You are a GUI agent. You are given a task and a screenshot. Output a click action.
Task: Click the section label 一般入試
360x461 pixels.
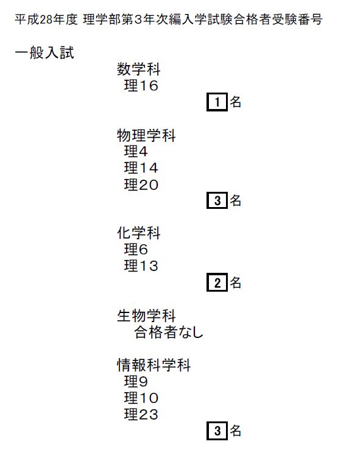tap(44, 53)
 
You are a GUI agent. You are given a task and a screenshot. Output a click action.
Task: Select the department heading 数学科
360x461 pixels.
tap(138, 69)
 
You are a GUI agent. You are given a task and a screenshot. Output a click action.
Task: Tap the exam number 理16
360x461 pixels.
tap(141, 85)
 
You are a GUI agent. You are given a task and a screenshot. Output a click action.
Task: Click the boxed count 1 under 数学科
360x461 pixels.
tap(217, 102)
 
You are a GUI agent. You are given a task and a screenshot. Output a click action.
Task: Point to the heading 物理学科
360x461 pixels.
tap(146, 136)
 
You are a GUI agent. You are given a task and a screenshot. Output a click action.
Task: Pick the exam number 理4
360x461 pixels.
tap(136, 152)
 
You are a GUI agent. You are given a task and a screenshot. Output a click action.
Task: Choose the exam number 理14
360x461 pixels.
tap(141, 168)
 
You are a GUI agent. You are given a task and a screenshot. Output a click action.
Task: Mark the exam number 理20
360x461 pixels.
tap(141, 185)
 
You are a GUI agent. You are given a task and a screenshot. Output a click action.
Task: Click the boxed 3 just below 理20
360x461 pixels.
tap(217, 200)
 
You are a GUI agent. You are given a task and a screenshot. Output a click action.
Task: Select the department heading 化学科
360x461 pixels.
tap(138, 233)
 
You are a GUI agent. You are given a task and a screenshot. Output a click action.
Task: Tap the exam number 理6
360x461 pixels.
tap(136, 249)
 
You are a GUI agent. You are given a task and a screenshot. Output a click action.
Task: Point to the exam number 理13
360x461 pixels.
tap(141, 266)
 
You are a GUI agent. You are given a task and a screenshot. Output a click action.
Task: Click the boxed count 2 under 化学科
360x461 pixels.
tap(217, 283)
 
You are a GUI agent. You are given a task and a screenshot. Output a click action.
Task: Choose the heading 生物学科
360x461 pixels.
tap(146, 316)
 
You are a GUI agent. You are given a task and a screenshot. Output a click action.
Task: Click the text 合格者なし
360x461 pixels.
tap(169, 333)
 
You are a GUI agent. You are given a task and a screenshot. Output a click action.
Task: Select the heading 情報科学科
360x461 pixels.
tap(154, 365)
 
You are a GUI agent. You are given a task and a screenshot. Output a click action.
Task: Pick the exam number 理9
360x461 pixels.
tap(136, 382)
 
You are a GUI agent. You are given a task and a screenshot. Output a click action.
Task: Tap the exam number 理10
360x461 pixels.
tap(141, 398)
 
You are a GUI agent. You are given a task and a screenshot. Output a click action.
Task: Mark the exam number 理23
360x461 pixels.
tap(141, 415)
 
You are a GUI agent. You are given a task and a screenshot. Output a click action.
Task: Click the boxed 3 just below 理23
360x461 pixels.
tap(217, 431)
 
